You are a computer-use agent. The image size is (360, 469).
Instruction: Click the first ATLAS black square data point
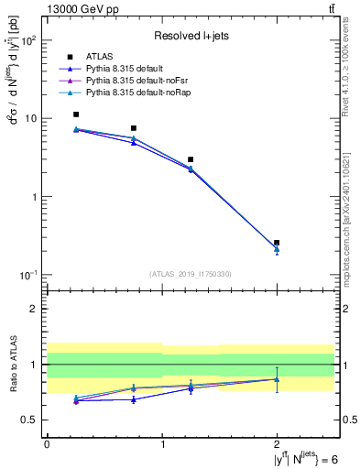click(x=76, y=115)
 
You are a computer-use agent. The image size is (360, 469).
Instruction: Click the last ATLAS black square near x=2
click(x=277, y=243)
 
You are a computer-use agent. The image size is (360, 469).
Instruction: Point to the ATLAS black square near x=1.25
click(x=191, y=159)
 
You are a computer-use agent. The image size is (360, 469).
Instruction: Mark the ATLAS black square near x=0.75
click(x=134, y=128)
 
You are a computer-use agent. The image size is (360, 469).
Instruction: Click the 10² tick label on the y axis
click(x=29, y=41)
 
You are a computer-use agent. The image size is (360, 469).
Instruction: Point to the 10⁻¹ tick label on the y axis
click(x=28, y=275)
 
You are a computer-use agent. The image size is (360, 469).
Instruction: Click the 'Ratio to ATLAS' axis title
click(x=12, y=364)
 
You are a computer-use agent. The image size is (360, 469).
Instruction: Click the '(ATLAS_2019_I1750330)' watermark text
click(x=191, y=274)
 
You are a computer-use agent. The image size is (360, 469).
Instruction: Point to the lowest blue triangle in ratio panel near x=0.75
click(x=134, y=399)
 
